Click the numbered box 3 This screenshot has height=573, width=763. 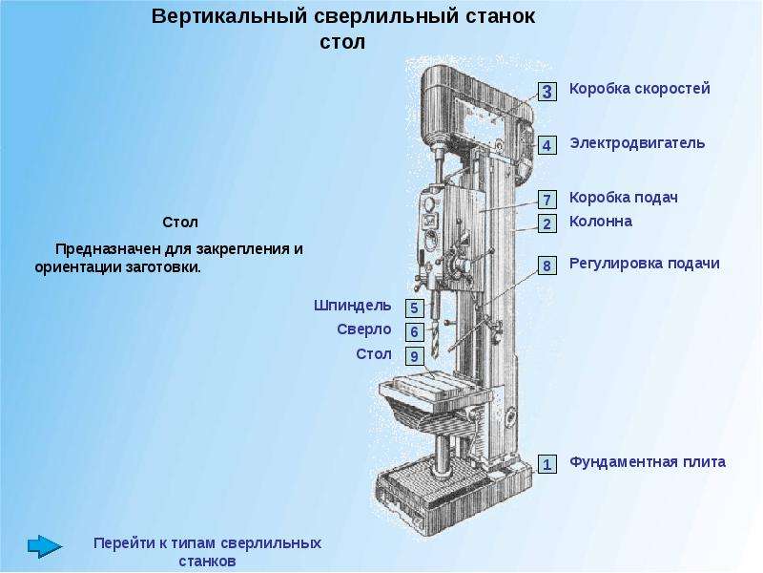point(546,91)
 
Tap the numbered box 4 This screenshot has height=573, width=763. point(546,145)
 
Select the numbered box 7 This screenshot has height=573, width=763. point(546,200)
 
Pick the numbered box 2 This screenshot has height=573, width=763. point(546,223)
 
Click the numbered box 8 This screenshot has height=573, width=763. point(546,265)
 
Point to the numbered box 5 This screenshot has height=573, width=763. point(414,308)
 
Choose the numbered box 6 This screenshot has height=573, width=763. point(414,331)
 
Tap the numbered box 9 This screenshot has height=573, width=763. point(414,356)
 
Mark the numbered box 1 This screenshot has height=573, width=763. point(546,464)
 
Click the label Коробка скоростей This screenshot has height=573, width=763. point(639,89)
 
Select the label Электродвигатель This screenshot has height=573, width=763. point(637,143)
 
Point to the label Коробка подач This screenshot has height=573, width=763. point(624,198)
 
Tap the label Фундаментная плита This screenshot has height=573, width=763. point(648,462)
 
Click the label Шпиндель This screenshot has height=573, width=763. point(352,306)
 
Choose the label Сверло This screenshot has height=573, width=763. point(364,329)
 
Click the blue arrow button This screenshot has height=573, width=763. point(45,546)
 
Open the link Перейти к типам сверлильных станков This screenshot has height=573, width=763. point(207,552)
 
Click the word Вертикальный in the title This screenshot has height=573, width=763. point(229,16)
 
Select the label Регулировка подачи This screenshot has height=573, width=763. point(645,264)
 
